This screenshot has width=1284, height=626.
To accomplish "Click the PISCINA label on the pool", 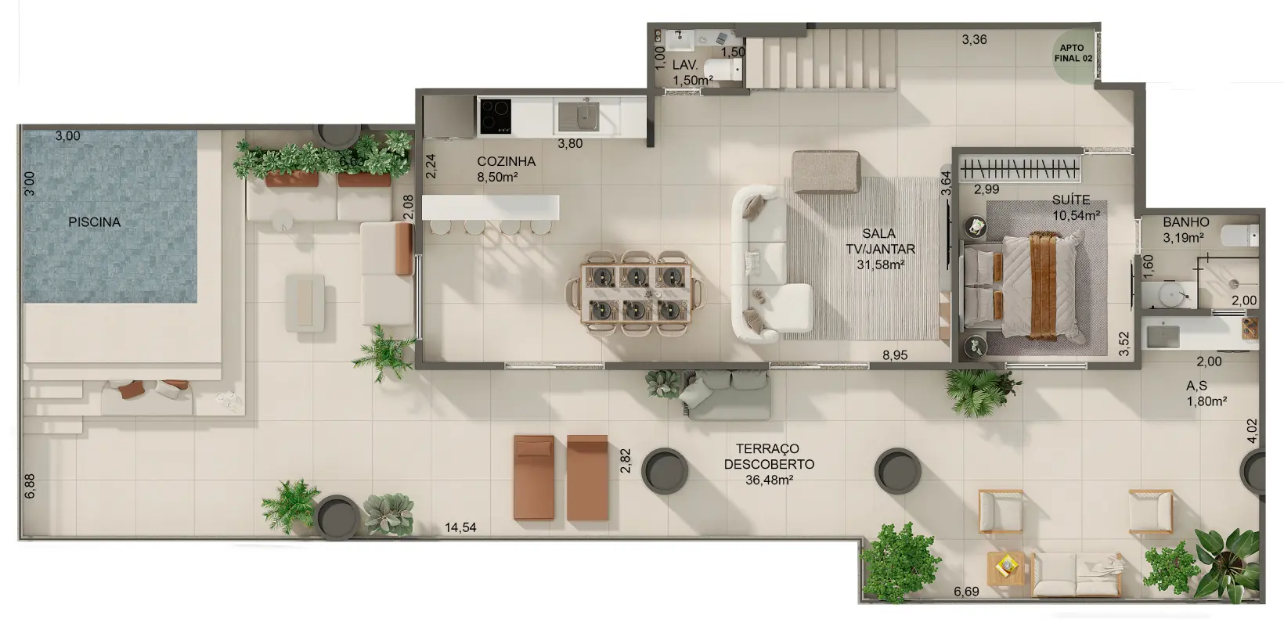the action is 95,222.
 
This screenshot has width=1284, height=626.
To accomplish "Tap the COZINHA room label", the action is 506,161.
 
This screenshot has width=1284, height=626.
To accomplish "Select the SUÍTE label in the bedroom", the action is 1071,200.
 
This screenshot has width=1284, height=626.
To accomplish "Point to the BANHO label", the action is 1186,222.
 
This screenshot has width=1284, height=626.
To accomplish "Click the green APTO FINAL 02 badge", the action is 1073,54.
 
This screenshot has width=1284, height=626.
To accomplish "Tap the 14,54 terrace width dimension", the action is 460,527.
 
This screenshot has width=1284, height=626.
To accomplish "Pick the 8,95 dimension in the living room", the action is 895,355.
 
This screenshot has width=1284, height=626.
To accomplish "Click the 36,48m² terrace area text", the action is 770,480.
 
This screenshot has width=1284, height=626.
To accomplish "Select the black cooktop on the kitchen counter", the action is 496,117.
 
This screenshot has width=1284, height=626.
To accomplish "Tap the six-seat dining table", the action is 637,293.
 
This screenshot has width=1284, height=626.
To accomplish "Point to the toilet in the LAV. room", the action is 723,70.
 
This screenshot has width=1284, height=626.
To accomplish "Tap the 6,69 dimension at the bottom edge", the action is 966,592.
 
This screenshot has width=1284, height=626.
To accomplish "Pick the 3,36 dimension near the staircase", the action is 975,40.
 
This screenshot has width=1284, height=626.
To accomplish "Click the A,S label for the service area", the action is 1196,386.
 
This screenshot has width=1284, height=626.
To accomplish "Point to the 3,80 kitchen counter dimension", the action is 570,144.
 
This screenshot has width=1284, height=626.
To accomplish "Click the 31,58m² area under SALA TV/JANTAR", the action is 881,264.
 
